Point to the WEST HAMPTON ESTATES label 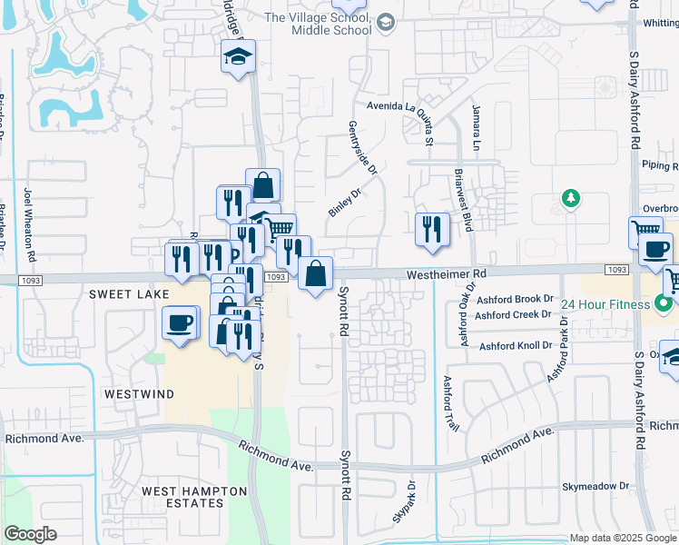(x=194, y=498)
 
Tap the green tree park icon (x=570, y=198)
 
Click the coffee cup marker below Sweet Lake (x=180, y=322)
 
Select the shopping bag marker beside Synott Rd (x=315, y=273)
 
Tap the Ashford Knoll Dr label (x=516, y=345)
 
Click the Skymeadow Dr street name (x=595, y=486)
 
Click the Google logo (x=31, y=533)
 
